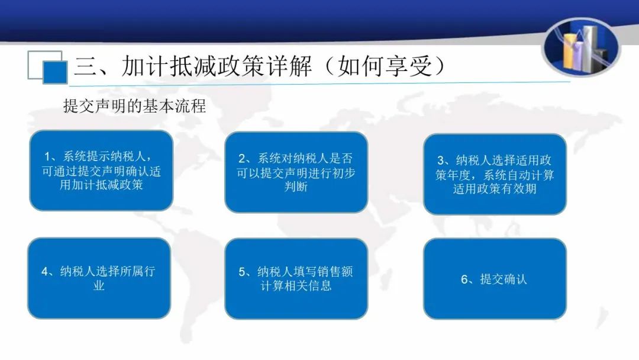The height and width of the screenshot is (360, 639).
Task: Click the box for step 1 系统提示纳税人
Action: click(101, 171)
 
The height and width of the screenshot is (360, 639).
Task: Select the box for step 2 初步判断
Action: click(296, 172)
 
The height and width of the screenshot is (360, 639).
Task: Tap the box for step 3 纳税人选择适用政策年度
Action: click(495, 174)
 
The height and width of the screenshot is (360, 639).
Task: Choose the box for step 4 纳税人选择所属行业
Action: click(99, 278)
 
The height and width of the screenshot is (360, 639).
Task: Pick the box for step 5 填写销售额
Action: click(296, 279)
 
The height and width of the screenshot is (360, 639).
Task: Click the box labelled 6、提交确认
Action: click(495, 279)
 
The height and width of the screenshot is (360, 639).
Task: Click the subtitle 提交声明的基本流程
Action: click(134, 106)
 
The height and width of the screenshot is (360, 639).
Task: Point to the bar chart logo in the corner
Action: click(582, 47)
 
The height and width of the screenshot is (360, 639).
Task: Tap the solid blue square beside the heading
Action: click(55, 73)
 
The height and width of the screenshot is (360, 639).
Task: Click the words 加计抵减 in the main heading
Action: click(169, 66)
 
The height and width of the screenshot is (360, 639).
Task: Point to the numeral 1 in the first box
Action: click(47, 157)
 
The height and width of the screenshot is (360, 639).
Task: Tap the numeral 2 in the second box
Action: click(242, 159)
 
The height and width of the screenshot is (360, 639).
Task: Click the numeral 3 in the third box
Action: click(441, 160)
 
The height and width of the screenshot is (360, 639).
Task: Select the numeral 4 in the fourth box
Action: click(45, 272)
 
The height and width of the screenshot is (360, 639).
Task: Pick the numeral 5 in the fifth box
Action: click(242, 272)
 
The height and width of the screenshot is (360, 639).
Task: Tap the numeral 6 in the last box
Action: click(464, 279)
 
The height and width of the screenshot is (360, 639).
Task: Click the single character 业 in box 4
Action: click(99, 285)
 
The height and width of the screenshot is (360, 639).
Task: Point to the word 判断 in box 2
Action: click(296, 187)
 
